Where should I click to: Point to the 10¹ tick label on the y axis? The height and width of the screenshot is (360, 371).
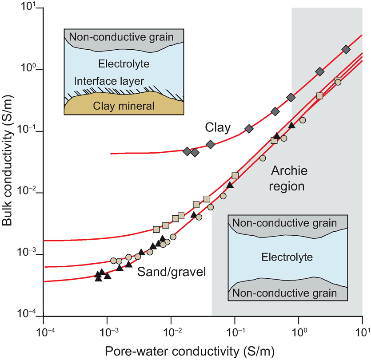point(29,9)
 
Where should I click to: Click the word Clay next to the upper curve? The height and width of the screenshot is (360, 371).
point(218,128)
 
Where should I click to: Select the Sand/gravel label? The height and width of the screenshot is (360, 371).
point(172,272)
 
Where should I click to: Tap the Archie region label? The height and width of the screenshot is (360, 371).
point(287,178)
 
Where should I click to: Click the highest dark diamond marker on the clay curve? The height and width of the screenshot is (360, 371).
point(346,49)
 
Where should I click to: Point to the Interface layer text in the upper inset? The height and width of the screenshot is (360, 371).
point(109,81)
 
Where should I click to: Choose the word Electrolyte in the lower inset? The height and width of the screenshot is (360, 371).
point(287,257)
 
